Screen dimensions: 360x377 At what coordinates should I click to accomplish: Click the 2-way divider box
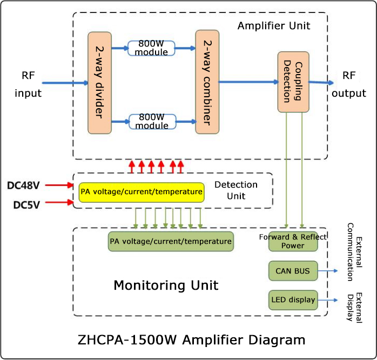(x=99, y=83)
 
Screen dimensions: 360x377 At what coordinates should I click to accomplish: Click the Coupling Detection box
(x=293, y=82)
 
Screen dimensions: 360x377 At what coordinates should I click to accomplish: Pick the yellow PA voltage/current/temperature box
(x=142, y=192)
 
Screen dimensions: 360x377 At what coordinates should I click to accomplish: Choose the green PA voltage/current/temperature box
(x=170, y=242)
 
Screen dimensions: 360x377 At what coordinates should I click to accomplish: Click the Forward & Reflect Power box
(x=293, y=242)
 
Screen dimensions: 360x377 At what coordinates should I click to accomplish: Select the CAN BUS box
(x=293, y=271)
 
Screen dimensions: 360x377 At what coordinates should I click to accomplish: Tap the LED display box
(x=293, y=299)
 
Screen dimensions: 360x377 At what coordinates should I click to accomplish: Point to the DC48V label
(x=23, y=185)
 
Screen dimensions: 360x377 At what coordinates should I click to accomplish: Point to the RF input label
(x=28, y=84)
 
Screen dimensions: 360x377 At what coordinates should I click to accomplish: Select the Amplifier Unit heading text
(x=274, y=25)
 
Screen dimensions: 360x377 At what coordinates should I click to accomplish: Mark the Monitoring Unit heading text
(x=166, y=285)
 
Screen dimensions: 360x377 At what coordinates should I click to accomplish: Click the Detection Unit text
(x=235, y=190)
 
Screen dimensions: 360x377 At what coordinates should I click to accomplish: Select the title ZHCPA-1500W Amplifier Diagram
(x=191, y=340)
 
